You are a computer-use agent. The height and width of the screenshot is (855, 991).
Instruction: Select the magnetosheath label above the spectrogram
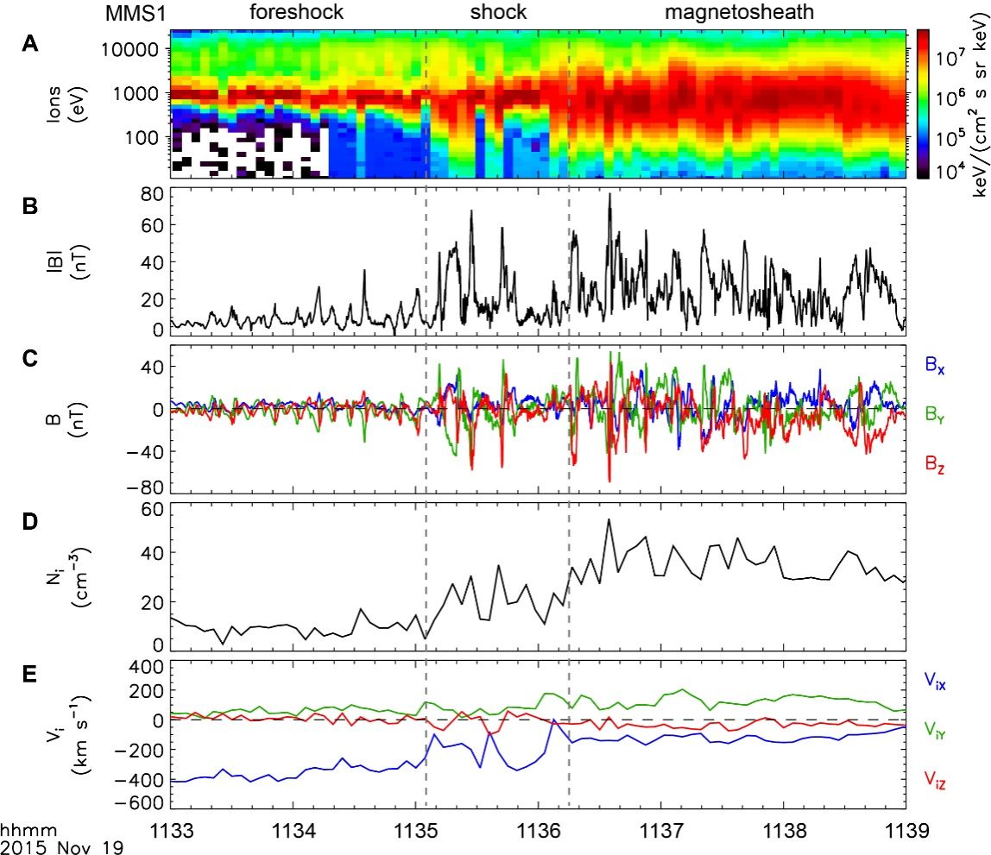(x=740, y=13)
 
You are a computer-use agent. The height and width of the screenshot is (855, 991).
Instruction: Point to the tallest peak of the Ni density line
(x=609, y=519)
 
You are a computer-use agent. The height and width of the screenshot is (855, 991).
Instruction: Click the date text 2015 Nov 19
(x=61, y=846)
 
